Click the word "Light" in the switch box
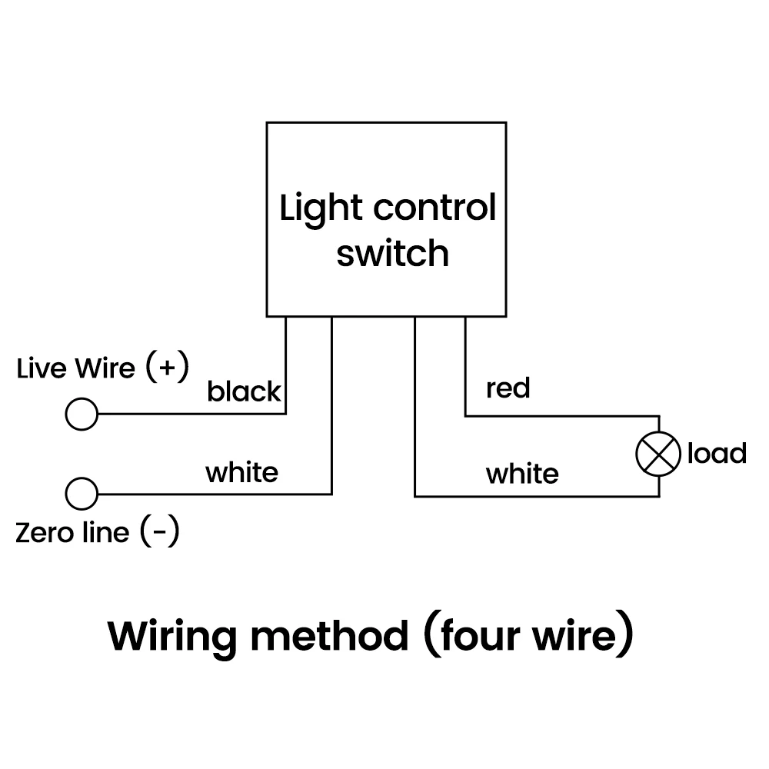[319, 209]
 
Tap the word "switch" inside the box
[392, 253]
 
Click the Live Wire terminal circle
[82, 414]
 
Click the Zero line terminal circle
[82, 494]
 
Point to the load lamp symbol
[658, 454]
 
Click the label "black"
[244, 392]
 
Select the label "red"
[508, 388]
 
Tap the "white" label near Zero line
[241, 471]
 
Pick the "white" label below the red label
[522, 474]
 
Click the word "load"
[717, 454]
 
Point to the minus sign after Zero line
[160, 532]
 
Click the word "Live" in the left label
[42, 368]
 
